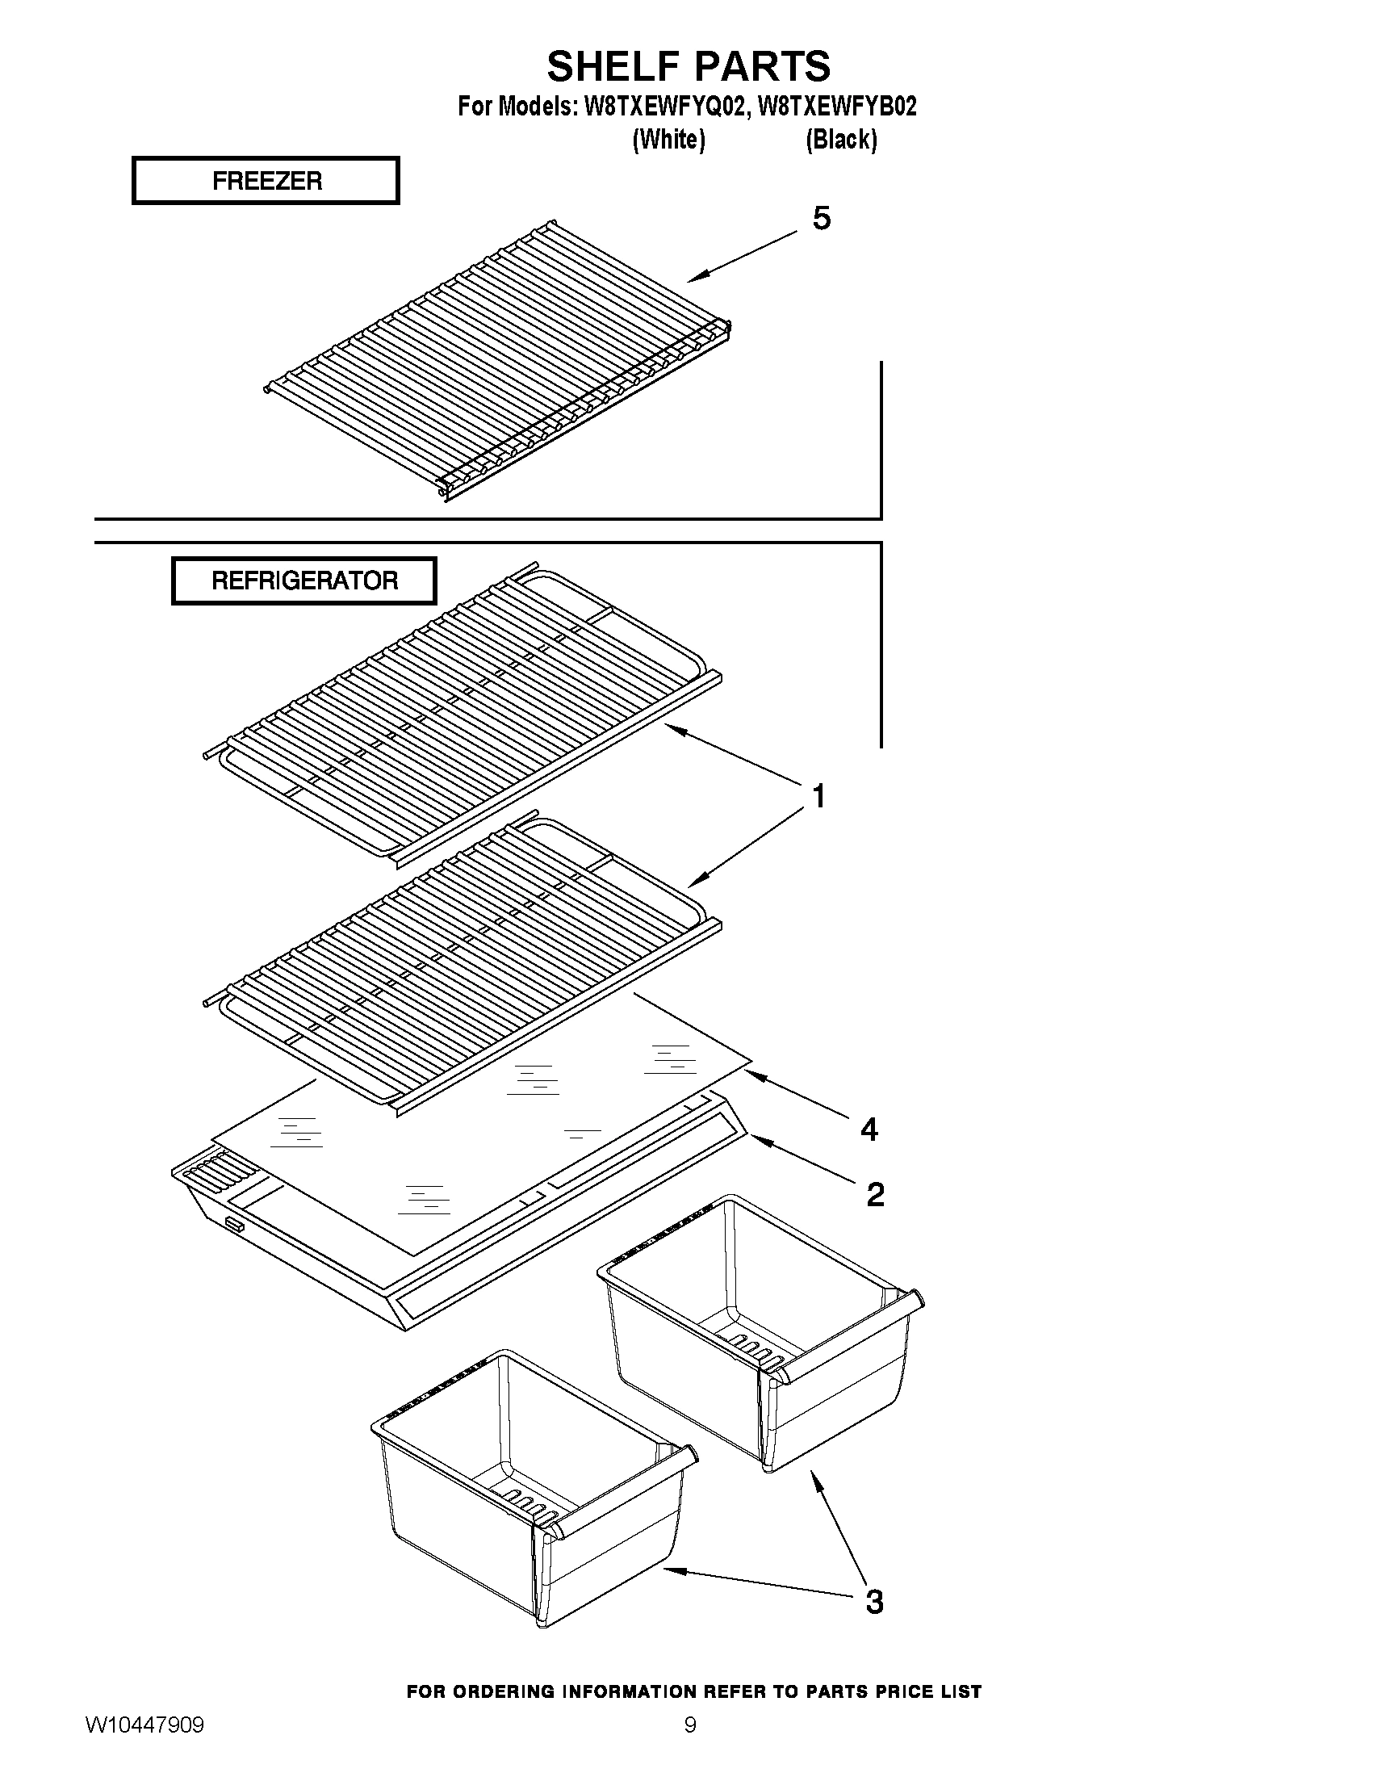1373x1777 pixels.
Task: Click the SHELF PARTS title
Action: click(x=689, y=67)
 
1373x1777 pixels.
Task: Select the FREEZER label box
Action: click(x=266, y=181)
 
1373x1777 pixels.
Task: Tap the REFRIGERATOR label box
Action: click(x=304, y=581)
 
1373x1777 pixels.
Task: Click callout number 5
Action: click(x=822, y=218)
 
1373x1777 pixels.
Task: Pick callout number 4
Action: click(x=869, y=1129)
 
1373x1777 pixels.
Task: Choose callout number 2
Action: click(x=874, y=1194)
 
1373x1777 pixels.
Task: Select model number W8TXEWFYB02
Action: click(x=837, y=107)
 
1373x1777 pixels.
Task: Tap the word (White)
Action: click(x=668, y=140)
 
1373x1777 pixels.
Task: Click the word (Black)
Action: click(x=841, y=140)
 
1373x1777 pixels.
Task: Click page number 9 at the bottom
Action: click(x=690, y=1748)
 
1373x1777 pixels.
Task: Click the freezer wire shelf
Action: click(x=496, y=358)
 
